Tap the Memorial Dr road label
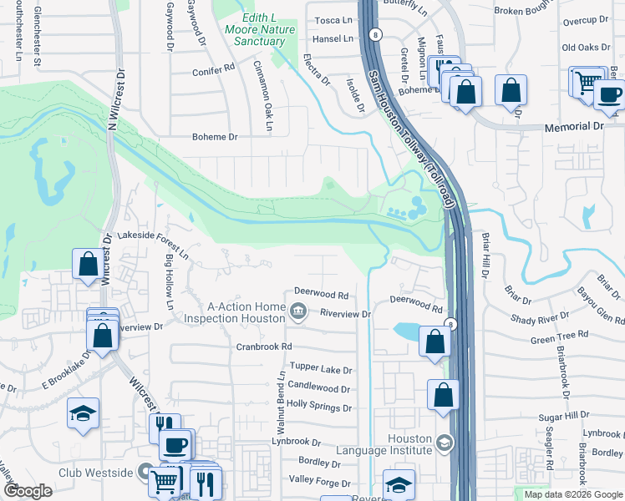573,126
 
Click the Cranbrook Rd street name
263,346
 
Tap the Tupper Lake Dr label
321,368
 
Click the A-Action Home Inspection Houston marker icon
298,313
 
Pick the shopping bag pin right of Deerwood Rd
434,342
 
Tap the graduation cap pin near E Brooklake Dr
83,414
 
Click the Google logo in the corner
28,491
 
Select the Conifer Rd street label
213,71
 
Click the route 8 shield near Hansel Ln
377,34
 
